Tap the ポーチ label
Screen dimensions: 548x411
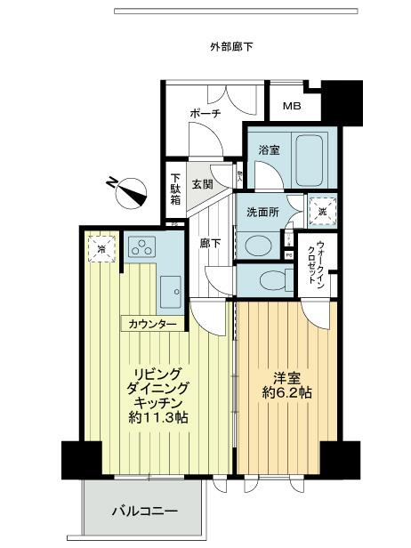point(205,114)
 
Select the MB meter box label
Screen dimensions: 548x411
point(292,107)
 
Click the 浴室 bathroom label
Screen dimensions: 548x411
point(269,149)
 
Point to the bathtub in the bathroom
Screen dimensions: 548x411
point(312,158)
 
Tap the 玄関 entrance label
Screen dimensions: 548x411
point(202,185)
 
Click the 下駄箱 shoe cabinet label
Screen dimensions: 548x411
point(176,189)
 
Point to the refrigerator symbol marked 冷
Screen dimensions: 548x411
point(101,249)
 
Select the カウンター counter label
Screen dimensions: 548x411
point(153,324)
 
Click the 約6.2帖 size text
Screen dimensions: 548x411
point(286,392)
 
